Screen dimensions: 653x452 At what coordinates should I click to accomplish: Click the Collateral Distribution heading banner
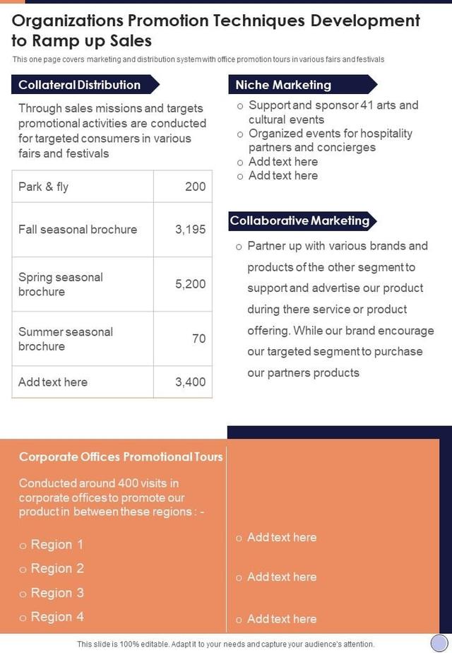tap(80, 85)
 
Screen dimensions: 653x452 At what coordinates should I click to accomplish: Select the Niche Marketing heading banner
tap(284, 85)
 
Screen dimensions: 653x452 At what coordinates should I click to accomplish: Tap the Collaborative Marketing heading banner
tap(299, 220)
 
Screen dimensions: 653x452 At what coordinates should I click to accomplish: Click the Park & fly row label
tap(44, 187)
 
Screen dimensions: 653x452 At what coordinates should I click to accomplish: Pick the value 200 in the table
tap(195, 187)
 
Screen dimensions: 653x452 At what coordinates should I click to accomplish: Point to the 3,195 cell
tap(190, 229)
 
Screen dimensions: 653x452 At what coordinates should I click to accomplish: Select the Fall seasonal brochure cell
tap(78, 229)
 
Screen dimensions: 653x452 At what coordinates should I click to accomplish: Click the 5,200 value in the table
tap(190, 284)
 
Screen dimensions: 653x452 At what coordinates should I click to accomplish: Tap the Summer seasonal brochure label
tap(66, 339)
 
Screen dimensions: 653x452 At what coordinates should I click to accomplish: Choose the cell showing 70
tap(198, 339)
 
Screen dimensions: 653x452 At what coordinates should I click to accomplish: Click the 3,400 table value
tap(190, 382)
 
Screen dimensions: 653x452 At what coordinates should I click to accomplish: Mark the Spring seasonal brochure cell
tap(61, 284)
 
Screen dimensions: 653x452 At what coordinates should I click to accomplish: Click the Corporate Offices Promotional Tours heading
tap(121, 457)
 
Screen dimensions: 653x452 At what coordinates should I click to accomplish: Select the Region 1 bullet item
tap(56, 544)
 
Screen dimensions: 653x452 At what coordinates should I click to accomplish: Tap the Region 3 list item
tap(56, 592)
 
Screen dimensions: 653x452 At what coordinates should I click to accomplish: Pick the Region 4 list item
tap(56, 616)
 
